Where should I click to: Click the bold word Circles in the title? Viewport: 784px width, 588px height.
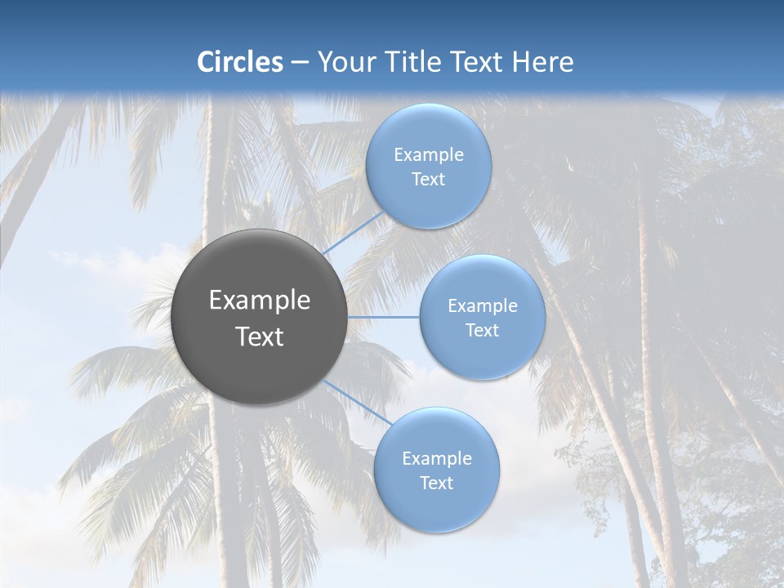[240, 62]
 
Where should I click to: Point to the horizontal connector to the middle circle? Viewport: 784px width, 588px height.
[383, 317]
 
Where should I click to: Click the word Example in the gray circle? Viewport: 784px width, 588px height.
[259, 301]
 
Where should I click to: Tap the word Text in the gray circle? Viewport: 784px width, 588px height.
[259, 336]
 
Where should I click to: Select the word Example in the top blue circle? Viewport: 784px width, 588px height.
[428, 155]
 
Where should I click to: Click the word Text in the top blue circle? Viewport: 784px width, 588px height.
[428, 180]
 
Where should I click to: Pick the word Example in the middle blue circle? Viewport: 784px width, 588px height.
[482, 306]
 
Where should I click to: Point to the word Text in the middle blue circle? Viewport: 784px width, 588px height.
[482, 331]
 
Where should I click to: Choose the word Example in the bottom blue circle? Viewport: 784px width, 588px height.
[436, 459]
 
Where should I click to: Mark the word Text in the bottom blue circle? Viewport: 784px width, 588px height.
[436, 483]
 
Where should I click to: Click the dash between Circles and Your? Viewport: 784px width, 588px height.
[299, 62]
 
